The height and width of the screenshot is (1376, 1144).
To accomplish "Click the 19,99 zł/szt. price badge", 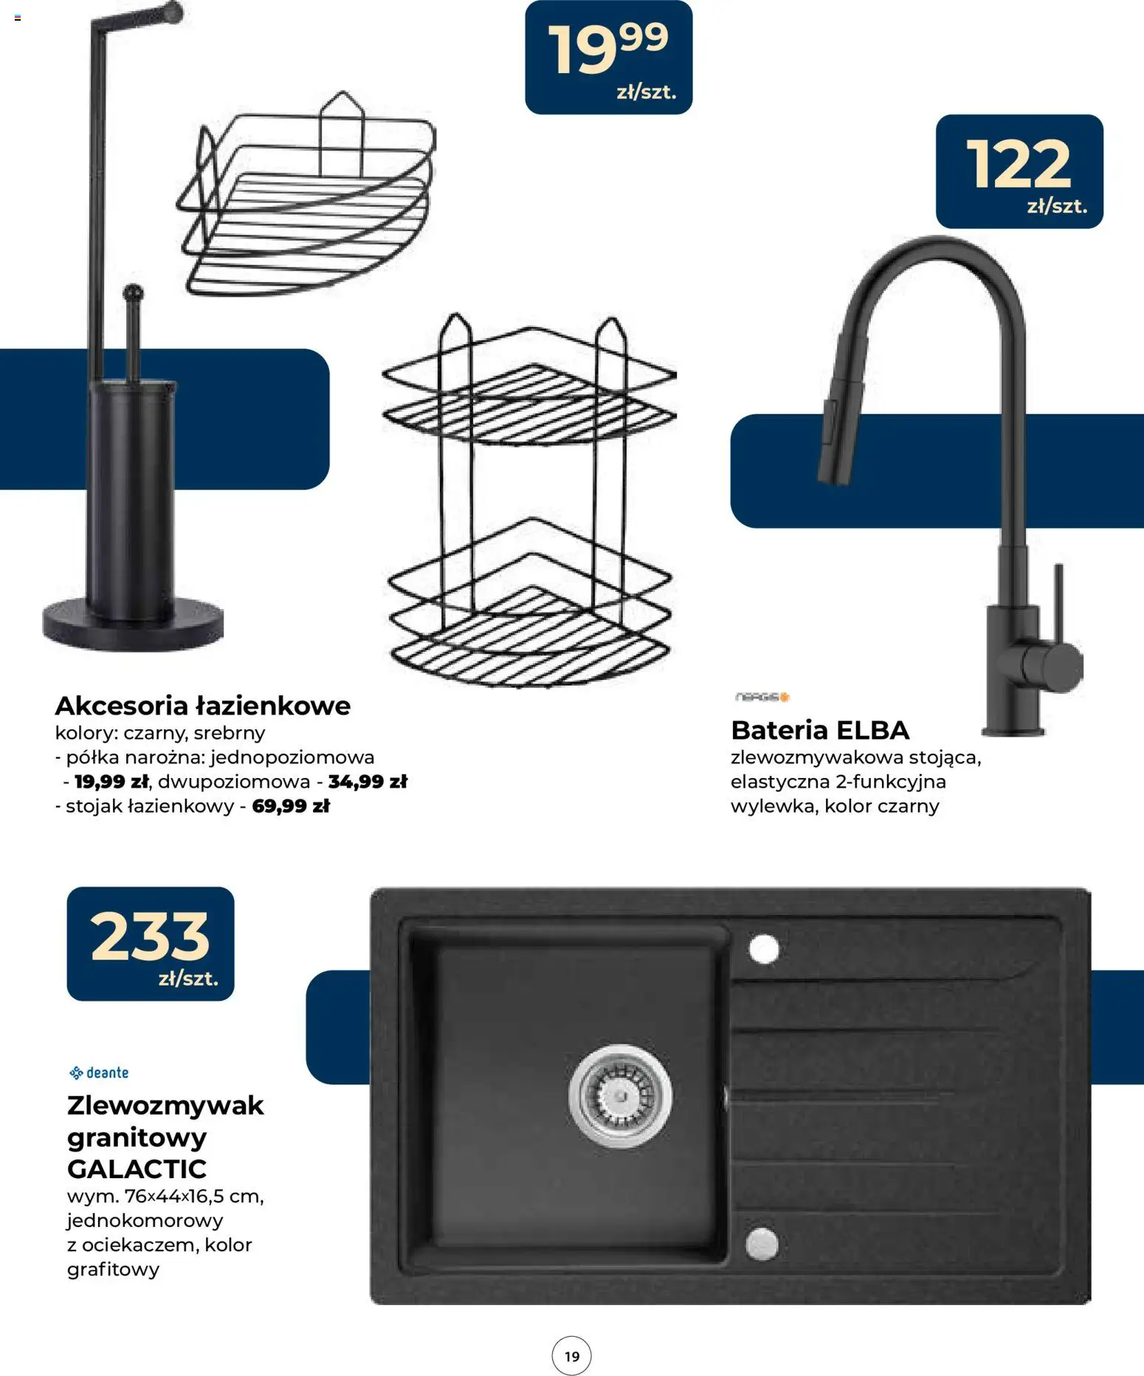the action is click(608, 58).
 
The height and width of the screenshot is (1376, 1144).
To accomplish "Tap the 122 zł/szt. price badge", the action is click(1019, 171).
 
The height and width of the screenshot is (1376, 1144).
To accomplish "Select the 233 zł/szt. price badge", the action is click(151, 944).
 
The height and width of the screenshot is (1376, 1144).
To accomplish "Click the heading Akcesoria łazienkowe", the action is click(203, 706).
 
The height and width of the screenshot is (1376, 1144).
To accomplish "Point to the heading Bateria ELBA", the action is click(820, 730).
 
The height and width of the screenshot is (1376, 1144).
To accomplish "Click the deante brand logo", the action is click(99, 1073).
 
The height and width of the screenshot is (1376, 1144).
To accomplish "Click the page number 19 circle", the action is click(572, 1356).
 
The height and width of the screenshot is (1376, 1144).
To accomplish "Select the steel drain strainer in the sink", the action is click(621, 1096).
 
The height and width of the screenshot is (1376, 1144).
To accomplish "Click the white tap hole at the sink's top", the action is click(764, 949).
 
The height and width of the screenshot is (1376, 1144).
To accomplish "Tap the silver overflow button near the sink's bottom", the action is click(762, 1244).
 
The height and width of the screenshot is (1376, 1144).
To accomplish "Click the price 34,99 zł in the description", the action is click(368, 781).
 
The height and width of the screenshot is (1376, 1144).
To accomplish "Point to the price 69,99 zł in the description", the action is click(291, 805).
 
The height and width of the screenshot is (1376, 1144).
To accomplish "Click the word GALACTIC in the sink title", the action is click(137, 1169).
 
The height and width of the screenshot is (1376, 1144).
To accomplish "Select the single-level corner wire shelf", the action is click(306, 193).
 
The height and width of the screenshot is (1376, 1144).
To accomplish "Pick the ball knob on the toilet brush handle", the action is click(134, 292).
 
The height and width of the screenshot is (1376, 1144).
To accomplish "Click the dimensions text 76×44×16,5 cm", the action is click(194, 1196).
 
